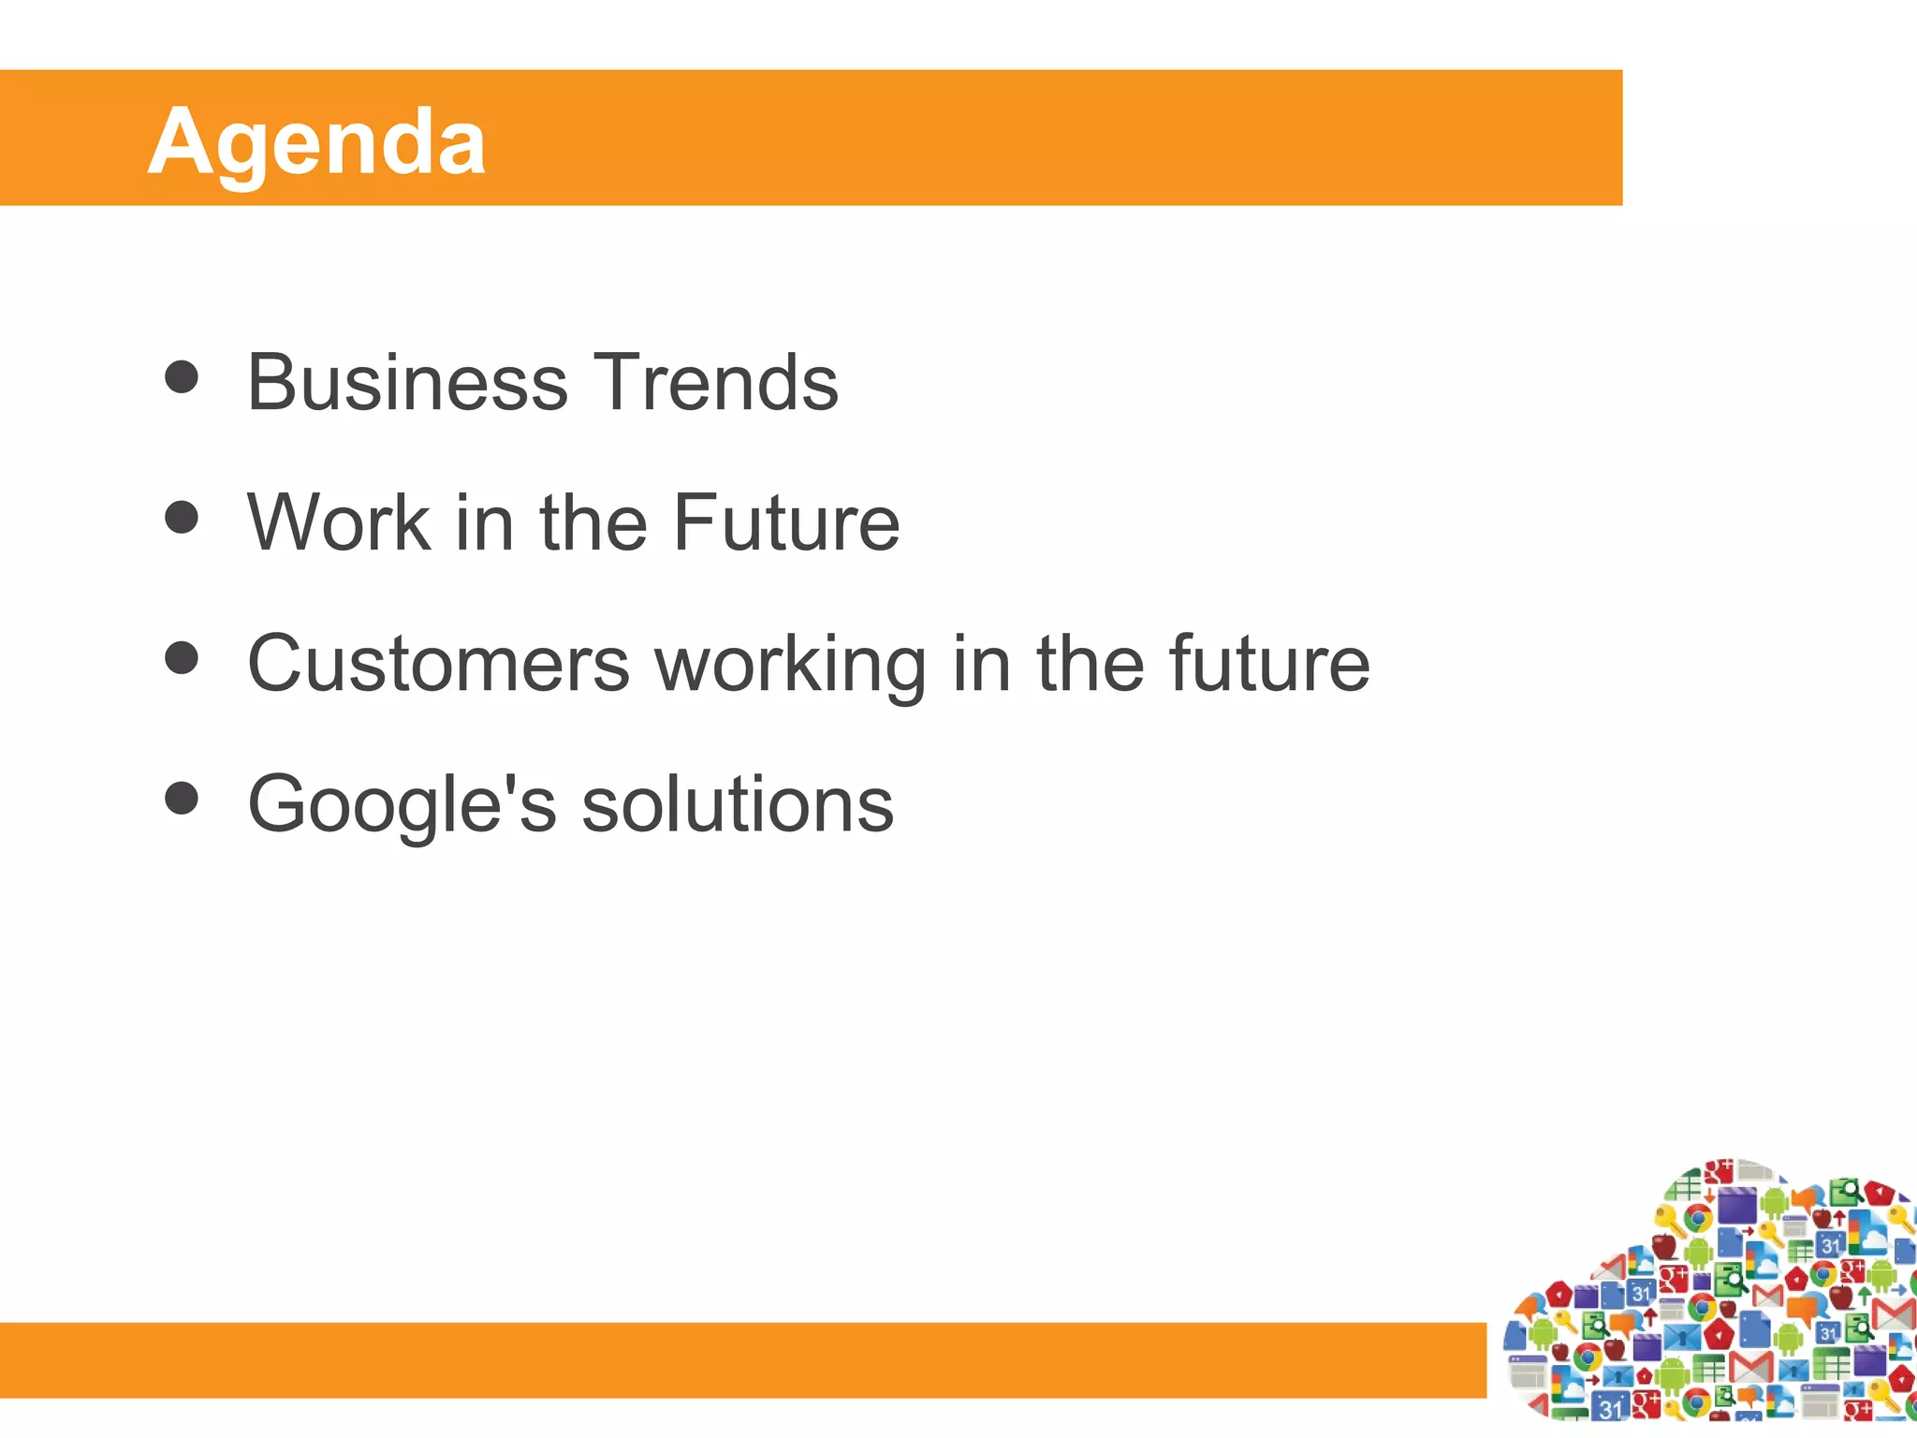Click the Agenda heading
(x=316, y=142)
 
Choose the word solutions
(x=738, y=805)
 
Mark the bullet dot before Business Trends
(x=182, y=377)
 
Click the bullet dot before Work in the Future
(x=182, y=517)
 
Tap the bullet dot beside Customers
(x=182, y=657)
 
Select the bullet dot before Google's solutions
(x=182, y=799)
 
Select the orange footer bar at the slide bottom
(x=739, y=1359)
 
